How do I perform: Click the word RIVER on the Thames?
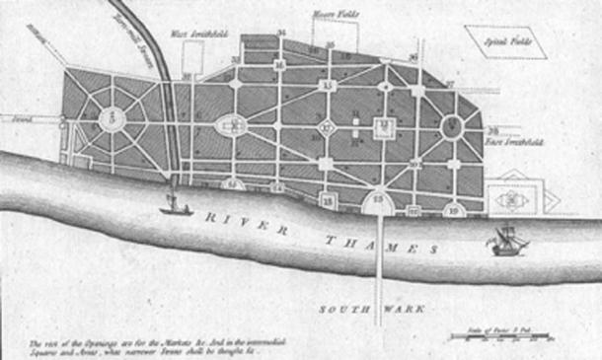[x=247, y=222]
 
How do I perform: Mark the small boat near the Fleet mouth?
[x=175, y=208]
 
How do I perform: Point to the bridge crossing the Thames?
[x=379, y=266]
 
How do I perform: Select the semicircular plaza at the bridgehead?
[x=379, y=203]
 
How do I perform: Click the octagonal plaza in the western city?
[x=114, y=120]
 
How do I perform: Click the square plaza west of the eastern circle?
[x=385, y=126]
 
